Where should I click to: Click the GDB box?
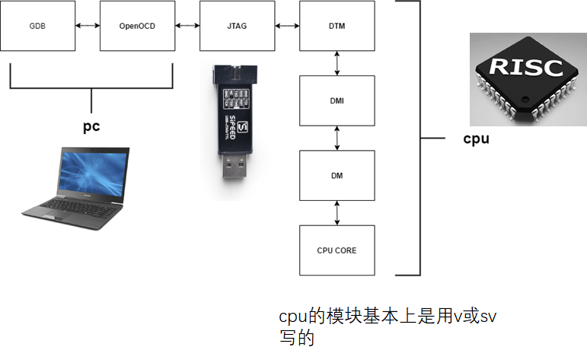pyautogui.click(x=38, y=26)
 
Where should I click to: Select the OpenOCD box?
pyautogui.click(x=137, y=26)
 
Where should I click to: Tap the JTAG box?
pyautogui.click(x=237, y=26)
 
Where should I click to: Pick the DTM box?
pyautogui.click(x=337, y=26)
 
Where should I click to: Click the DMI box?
pyautogui.click(x=337, y=100)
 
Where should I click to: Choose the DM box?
pyautogui.click(x=337, y=176)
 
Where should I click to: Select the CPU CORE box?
pyautogui.click(x=337, y=250)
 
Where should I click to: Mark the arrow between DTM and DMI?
pyautogui.click(x=337, y=63)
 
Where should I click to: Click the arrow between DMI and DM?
pyautogui.click(x=337, y=139)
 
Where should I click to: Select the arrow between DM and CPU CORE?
pyautogui.click(x=337, y=213)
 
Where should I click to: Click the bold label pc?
pyautogui.click(x=91, y=126)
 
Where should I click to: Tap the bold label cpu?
pyautogui.click(x=476, y=139)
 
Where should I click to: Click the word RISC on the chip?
pyautogui.click(x=526, y=67)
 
